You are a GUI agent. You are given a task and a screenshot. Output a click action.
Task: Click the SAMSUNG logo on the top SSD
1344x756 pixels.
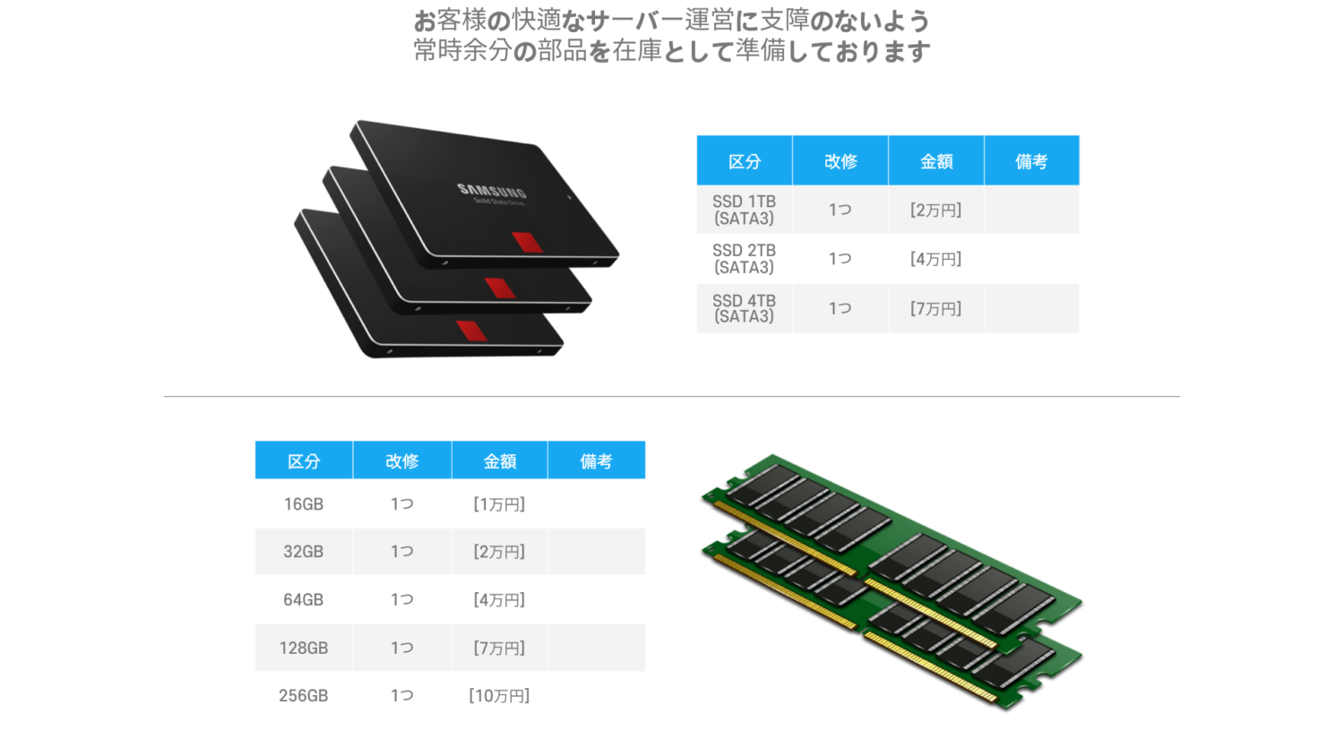click(x=491, y=191)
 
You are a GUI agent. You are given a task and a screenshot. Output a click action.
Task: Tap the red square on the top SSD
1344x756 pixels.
click(x=528, y=242)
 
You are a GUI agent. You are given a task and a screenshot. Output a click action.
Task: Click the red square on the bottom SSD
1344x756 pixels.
click(x=471, y=331)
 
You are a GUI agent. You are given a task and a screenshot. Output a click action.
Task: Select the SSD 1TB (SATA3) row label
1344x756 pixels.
click(x=744, y=210)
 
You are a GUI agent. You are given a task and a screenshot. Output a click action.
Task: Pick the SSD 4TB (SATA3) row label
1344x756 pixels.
click(x=744, y=308)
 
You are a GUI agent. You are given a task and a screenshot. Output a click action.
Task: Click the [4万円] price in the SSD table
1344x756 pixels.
click(x=935, y=259)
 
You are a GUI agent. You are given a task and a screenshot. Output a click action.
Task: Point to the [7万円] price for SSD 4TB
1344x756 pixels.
click(x=935, y=308)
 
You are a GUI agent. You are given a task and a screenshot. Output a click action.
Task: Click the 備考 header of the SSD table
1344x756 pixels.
click(x=1031, y=161)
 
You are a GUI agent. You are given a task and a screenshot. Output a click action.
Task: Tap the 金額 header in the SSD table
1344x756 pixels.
click(x=936, y=161)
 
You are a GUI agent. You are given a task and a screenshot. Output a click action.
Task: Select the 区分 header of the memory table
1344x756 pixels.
click(x=304, y=460)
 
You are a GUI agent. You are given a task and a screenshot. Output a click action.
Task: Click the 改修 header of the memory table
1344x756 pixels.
click(x=402, y=460)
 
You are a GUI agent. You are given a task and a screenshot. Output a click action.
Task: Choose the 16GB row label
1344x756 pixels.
click(x=304, y=504)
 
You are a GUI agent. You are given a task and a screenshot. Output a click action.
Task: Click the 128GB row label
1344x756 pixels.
click(x=304, y=648)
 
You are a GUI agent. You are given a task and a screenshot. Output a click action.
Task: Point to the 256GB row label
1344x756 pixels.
click(x=304, y=695)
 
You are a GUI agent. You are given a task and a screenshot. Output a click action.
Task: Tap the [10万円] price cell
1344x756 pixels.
click(x=499, y=695)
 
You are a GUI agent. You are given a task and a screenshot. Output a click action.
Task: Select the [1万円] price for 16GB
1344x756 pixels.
click(x=499, y=504)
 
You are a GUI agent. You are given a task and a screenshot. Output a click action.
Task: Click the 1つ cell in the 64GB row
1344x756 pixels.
click(x=402, y=599)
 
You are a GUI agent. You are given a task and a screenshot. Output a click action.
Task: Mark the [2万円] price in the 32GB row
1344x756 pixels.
click(x=499, y=552)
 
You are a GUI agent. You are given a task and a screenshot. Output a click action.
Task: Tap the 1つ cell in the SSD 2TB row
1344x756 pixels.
click(x=840, y=259)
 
